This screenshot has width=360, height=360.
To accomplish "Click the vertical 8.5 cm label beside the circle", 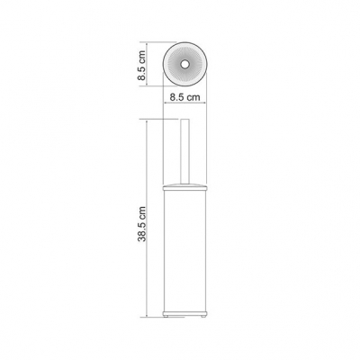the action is tap(141, 65).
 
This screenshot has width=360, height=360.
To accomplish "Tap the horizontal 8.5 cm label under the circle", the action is tap(184, 97).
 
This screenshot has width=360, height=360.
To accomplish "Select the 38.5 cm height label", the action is tap(141, 224).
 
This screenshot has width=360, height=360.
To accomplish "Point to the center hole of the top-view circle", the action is tap(184, 64).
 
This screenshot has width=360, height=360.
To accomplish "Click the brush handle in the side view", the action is tap(184, 151).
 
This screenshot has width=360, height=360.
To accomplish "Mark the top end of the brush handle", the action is tap(184, 120).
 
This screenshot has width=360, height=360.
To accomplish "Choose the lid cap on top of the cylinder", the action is tap(184, 188).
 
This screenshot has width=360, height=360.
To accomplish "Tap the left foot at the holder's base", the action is tap(166, 316).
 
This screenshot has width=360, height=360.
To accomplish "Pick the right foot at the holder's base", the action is tap(203, 316).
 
